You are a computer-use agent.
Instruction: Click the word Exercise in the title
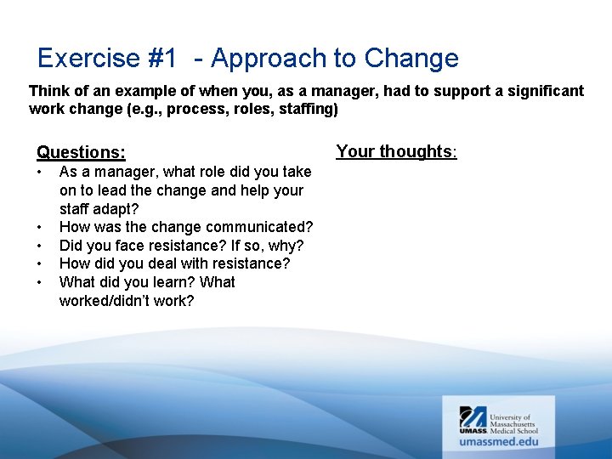(88, 59)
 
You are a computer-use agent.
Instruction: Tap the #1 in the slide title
(161, 59)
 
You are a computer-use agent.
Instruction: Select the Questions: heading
(81, 152)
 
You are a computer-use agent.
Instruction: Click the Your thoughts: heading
(396, 151)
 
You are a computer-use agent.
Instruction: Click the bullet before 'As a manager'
(39, 173)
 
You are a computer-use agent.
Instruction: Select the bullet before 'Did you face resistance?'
(39, 246)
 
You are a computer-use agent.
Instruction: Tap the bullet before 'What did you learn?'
(39, 283)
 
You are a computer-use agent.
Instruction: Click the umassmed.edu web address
(499, 441)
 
